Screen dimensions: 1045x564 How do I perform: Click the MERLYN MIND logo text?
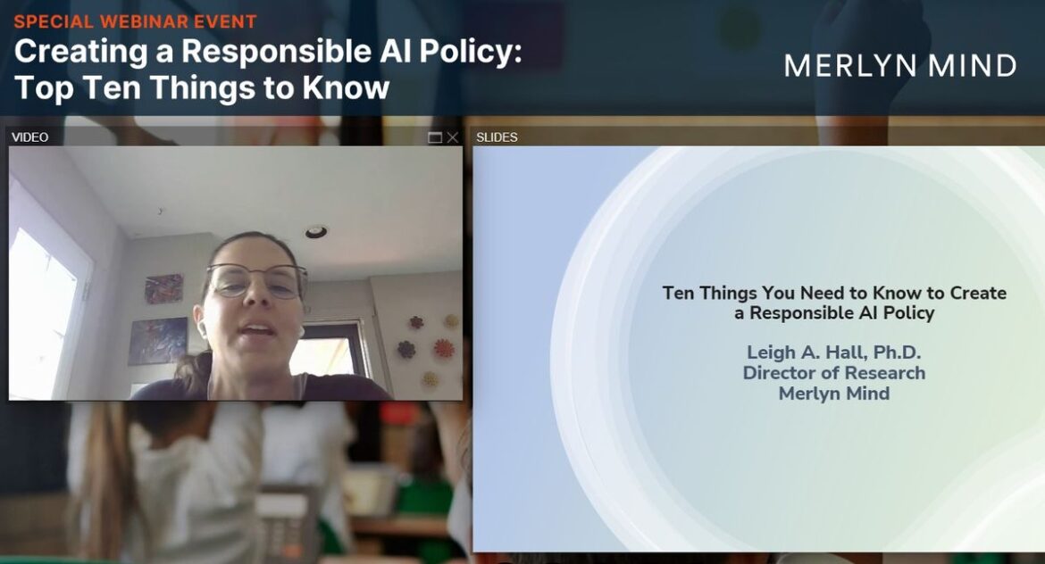900,65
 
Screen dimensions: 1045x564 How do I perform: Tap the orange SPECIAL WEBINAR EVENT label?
135,21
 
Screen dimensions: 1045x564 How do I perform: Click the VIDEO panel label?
30,137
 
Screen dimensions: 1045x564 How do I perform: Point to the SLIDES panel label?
497,137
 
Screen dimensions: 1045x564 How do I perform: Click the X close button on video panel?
453,137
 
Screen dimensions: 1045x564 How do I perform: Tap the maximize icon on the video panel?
435,137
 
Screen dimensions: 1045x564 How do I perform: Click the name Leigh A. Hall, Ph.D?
833,352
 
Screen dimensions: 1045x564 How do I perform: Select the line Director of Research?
833,373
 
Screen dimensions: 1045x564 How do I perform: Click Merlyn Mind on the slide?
833,394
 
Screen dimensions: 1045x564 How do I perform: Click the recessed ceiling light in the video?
316,232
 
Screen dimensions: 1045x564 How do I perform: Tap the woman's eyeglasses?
256,280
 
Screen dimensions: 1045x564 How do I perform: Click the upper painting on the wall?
164,289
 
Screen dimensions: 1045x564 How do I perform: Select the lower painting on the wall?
158,341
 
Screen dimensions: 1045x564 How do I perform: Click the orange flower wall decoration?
443,348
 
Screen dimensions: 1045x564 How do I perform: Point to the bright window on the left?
43,313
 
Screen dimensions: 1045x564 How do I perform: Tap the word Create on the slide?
978,293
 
